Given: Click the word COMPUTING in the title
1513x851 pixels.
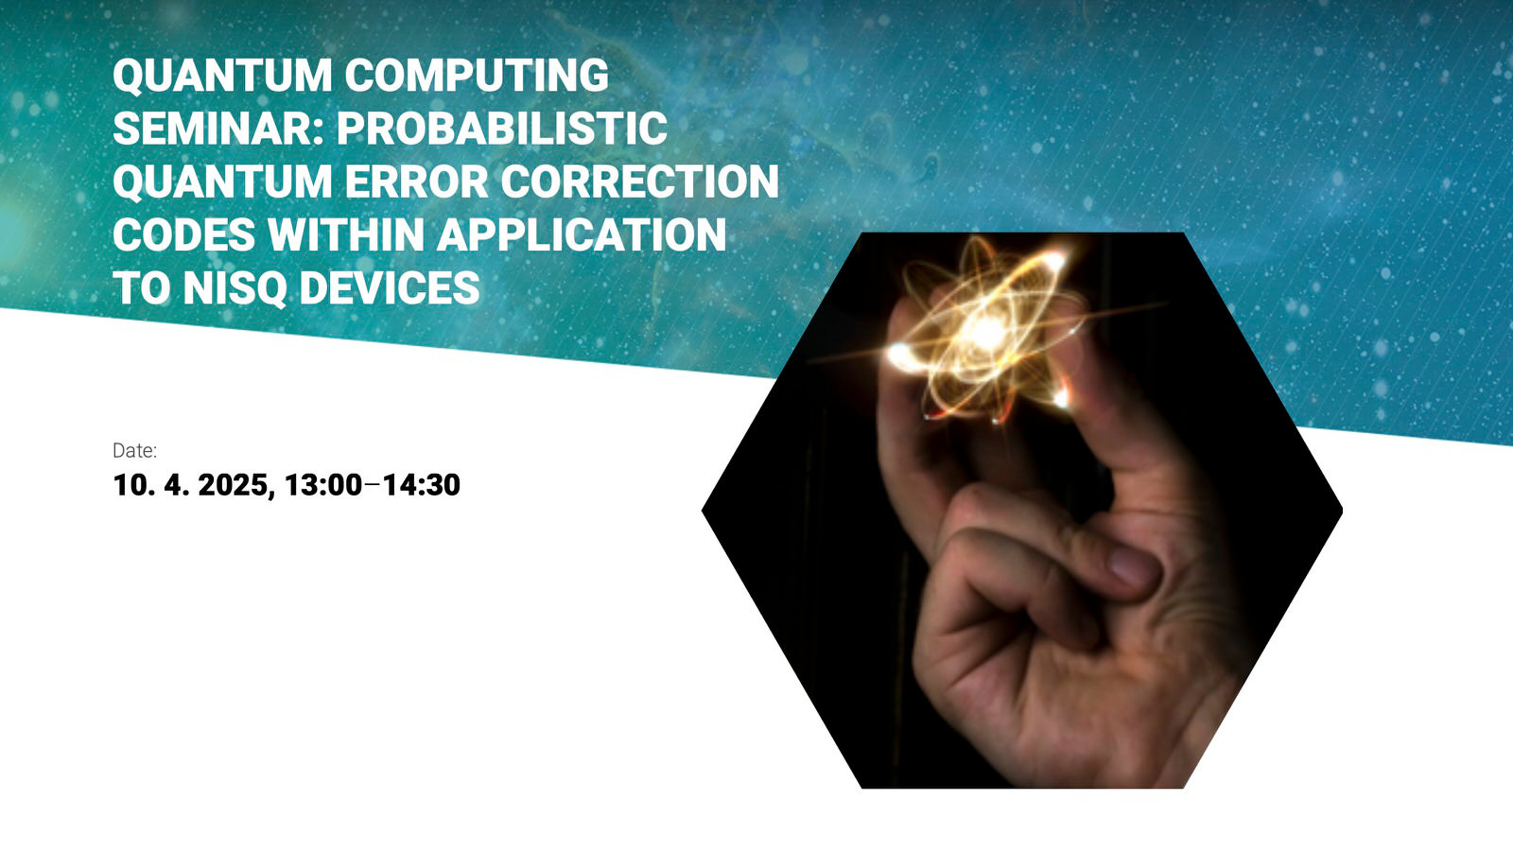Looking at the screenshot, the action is (477, 75).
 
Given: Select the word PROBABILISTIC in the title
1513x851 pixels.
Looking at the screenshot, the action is (502, 129).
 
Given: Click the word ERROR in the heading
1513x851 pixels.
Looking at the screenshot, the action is (416, 182).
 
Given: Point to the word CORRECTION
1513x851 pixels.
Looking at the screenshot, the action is (639, 182).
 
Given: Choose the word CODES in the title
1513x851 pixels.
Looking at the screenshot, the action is (183, 235).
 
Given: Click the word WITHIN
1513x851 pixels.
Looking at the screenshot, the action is (346, 235).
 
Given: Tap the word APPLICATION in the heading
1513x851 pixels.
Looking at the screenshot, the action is (582, 235).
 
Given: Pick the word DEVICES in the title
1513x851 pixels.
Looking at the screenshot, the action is (390, 288).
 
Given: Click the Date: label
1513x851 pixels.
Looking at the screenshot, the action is (134, 450).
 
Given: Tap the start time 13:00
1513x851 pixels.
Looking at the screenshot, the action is (323, 485).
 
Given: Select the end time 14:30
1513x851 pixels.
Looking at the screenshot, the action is (422, 485).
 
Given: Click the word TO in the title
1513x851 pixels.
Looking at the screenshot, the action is (141, 288).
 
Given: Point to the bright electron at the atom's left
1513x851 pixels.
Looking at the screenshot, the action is (900, 355).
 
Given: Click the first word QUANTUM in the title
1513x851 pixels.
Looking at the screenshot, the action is (222, 76).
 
